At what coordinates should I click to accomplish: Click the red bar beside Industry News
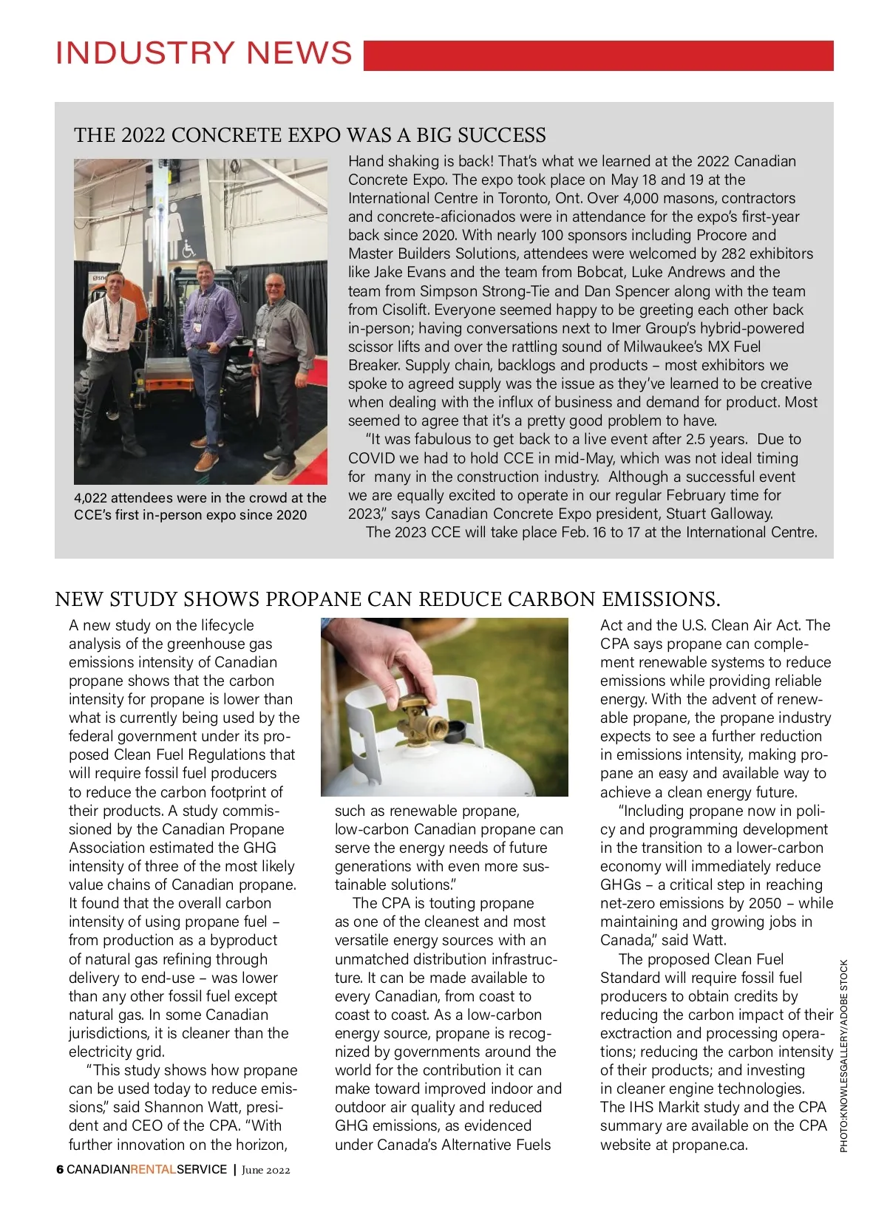point(599,55)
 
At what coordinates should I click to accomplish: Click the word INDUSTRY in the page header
point(145,53)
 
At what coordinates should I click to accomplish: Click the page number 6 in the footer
point(60,1170)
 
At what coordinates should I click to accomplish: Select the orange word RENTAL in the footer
point(153,1170)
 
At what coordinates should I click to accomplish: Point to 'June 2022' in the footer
point(266,1170)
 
